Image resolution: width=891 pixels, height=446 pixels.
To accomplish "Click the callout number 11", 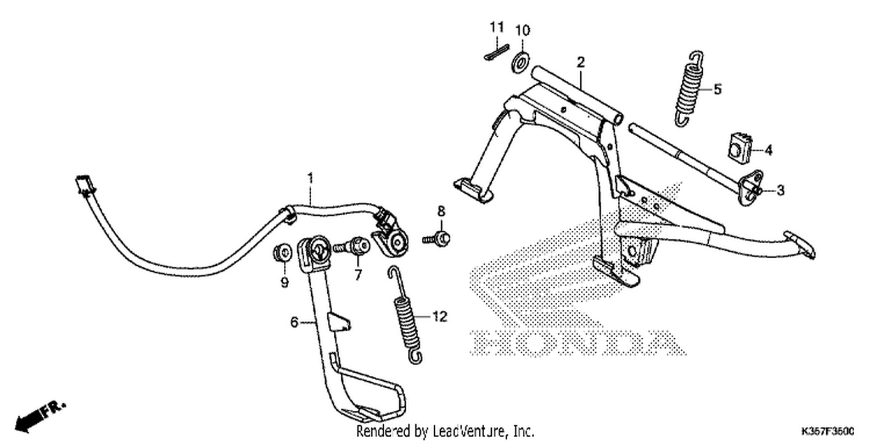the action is [497, 27].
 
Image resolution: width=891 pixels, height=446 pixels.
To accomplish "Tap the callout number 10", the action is [523, 30].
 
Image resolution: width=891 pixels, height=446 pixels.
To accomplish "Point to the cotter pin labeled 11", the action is [497, 52].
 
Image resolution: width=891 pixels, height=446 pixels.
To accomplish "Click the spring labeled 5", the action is [689, 89].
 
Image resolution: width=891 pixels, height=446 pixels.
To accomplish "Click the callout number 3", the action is [781, 190].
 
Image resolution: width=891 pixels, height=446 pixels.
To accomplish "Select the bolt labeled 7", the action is [352, 247].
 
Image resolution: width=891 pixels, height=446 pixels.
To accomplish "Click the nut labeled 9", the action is [282, 253].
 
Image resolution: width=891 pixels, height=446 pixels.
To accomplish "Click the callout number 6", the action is [294, 322].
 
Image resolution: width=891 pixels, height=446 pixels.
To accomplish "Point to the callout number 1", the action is [311, 178].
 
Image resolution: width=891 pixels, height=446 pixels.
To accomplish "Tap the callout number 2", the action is [581, 62].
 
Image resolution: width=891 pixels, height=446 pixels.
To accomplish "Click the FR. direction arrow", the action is [40, 417].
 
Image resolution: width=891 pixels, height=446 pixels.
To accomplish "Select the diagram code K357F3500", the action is [828, 431].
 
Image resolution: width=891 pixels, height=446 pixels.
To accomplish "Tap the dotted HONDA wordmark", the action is [578, 343].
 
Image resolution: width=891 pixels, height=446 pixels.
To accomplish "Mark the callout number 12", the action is [440, 316].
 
